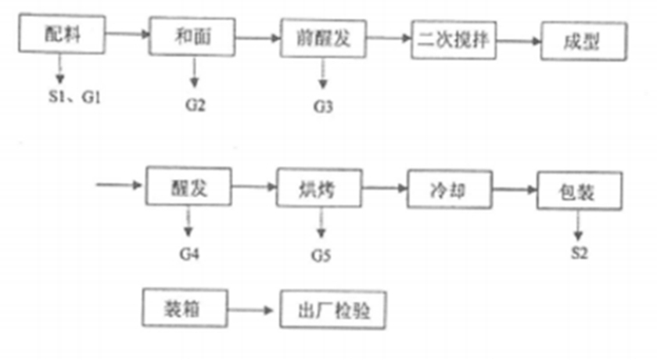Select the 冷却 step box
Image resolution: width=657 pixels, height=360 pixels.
pyautogui.click(x=449, y=189)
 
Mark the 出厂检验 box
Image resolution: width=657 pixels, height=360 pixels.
pyautogui.click(x=332, y=311)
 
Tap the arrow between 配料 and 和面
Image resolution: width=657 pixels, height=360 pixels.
pyautogui.click(x=127, y=34)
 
